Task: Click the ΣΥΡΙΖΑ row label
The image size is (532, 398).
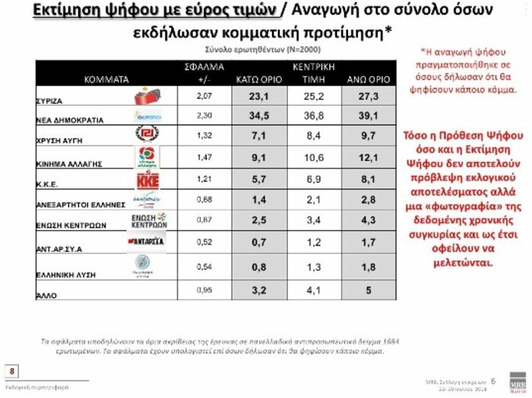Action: [49, 99]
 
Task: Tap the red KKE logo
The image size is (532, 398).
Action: [147, 182]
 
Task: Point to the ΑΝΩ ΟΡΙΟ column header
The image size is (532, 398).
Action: [368, 78]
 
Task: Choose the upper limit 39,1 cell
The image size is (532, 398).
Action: [368, 116]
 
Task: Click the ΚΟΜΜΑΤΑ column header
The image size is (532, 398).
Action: [106, 78]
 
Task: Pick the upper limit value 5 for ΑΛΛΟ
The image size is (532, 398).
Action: [368, 289]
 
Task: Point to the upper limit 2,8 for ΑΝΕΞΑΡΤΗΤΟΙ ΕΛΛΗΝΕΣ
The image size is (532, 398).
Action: [368, 200]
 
